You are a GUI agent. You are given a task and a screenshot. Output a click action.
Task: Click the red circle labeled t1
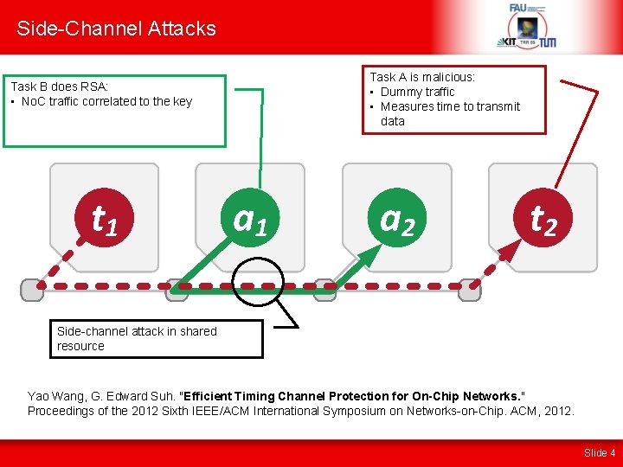106,221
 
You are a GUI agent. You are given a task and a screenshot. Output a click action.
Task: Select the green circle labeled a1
250,221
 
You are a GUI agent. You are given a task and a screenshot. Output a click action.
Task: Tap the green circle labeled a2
397,221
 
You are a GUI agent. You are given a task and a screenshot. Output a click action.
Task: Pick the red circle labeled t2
543,221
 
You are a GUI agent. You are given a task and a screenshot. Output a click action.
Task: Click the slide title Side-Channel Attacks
116,29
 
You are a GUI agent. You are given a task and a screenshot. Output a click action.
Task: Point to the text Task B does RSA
59,86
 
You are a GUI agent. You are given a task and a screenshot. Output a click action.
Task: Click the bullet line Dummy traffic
417,92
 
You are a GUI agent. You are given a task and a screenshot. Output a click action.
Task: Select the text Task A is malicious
422,77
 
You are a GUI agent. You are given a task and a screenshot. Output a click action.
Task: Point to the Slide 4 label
600,452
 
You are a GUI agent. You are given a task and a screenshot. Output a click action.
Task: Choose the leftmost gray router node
32,290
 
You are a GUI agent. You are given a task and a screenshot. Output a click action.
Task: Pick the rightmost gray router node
469,290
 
